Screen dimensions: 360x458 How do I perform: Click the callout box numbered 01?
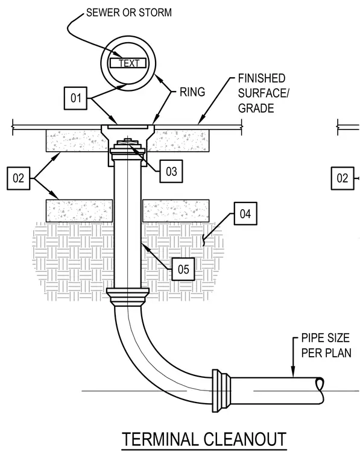(75, 98)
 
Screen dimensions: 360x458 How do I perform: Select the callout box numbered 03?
(171, 171)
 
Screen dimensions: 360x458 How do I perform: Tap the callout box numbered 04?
(245, 213)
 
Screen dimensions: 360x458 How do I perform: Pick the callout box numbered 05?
(183, 269)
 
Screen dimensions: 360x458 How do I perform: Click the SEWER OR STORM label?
(129, 13)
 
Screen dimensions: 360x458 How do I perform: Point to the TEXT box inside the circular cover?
(128, 63)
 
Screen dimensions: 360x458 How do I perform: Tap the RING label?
(192, 92)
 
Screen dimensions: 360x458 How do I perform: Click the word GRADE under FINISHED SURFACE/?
(256, 108)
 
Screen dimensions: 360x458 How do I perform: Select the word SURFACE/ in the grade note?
(264, 93)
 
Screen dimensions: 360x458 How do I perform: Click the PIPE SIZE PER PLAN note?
(326, 345)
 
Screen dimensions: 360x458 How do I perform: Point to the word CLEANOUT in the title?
(245, 439)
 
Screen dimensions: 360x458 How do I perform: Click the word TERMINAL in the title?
(160, 439)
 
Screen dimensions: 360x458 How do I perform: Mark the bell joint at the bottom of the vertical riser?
(128, 296)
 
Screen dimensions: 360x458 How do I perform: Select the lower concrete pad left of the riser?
(79, 210)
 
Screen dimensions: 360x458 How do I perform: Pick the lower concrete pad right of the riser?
(176, 210)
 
